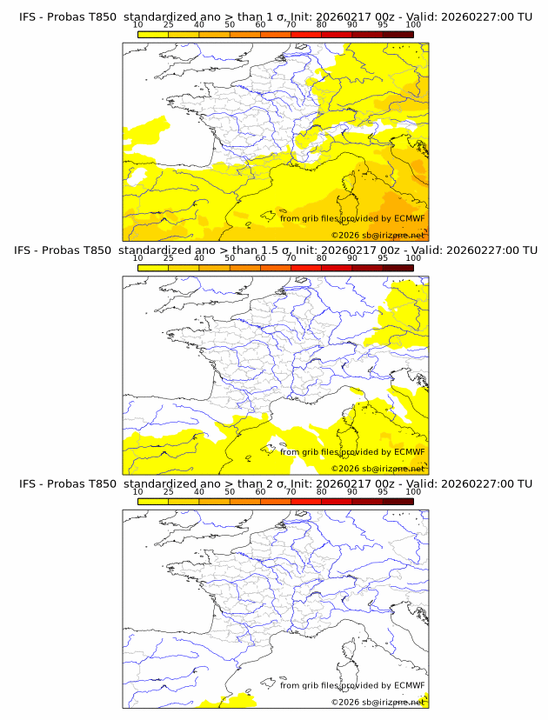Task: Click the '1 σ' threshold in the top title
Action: coord(283,17)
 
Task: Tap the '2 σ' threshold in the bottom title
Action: coord(283,483)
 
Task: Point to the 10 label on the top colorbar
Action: coord(137,24)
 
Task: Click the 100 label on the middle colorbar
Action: coord(413,257)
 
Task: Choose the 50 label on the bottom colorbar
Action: coord(230,491)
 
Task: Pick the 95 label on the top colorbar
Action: coord(383,24)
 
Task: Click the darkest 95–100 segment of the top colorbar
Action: coord(398,34)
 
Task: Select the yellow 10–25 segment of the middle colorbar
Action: coord(152,267)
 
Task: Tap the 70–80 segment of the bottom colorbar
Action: coord(305,501)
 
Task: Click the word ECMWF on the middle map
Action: coord(410,451)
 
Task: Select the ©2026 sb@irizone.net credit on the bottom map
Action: coord(378,701)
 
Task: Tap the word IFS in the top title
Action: coord(28,17)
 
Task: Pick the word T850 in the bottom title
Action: coord(102,483)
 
